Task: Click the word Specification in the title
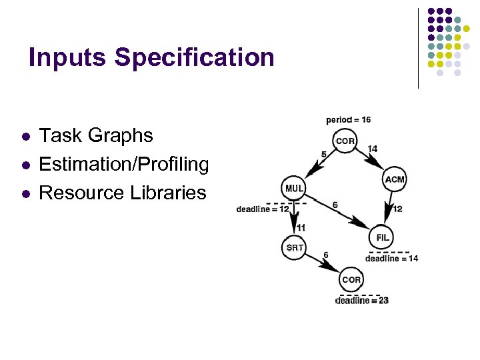(194, 57)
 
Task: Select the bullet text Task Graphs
(96, 135)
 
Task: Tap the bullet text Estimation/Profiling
(124, 164)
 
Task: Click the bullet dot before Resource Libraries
(25, 194)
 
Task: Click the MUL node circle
(294, 189)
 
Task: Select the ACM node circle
(395, 179)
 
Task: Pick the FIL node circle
(383, 237)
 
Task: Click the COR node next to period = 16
(345, 141)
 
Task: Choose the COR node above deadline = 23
(351, 279)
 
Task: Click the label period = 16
(349, 120)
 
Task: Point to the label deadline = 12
(263, 209)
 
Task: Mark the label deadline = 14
(391, 259)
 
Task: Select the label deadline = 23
(362, 301)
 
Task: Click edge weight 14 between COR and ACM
(372, 149)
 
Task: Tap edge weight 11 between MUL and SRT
(301, 227)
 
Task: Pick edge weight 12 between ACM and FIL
(397, 209)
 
